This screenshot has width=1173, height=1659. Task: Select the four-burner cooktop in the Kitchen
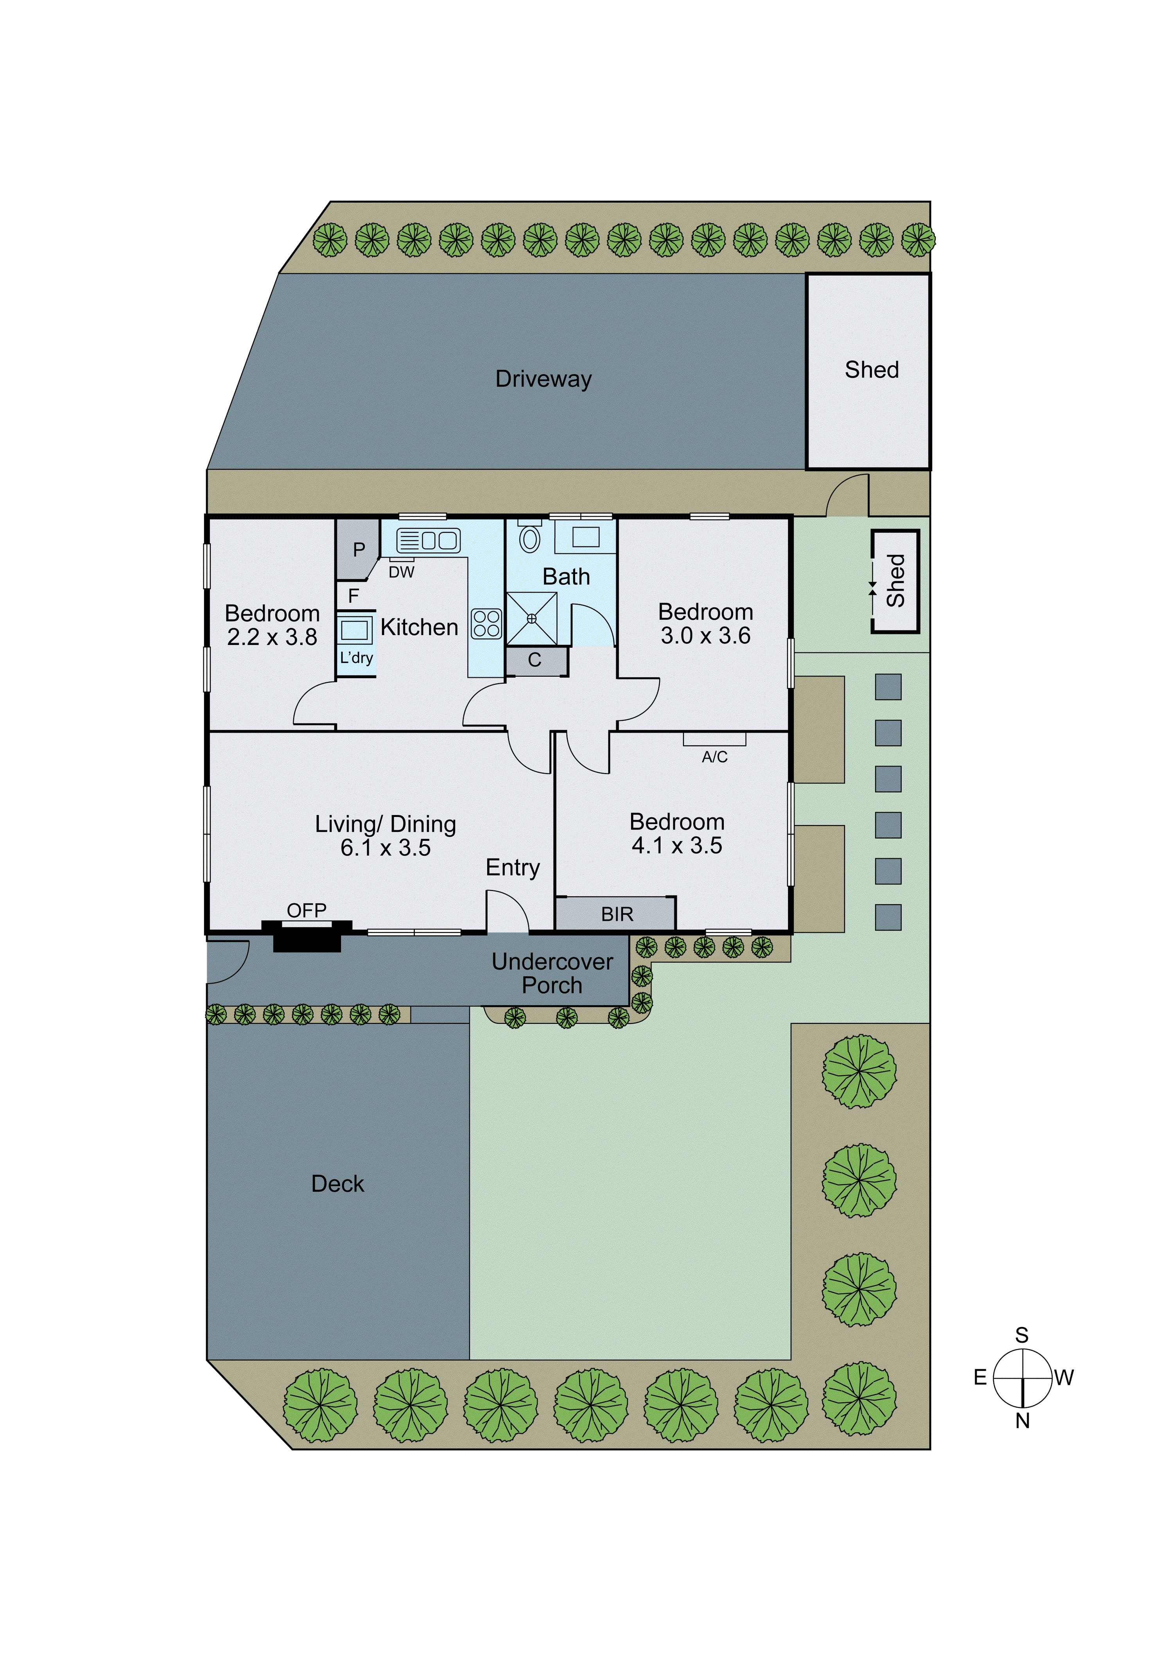click(486, 623)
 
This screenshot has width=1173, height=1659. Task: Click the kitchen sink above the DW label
click(428, 540)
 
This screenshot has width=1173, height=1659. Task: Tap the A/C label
click(714, 756)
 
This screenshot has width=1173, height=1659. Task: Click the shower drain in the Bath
click(532, 619)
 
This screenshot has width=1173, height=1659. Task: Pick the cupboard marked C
click(534, 660)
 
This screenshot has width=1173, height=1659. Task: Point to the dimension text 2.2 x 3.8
click(272, 637)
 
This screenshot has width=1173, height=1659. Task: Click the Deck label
click(337, 1183)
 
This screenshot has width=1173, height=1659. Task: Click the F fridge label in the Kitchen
click(353, 596)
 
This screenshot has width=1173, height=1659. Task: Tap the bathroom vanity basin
click(586, 537)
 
